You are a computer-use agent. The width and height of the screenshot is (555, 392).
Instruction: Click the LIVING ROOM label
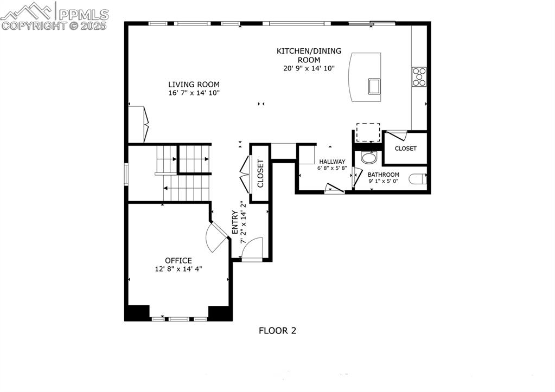[x=194, y=84]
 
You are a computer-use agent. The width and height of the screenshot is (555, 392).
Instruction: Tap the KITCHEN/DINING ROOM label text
[x=309, y=55]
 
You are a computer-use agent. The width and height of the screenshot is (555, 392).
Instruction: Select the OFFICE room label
[x=178, y=260]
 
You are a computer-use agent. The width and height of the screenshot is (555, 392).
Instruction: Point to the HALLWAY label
[x=332, y=162]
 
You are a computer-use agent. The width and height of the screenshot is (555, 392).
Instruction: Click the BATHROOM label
[x=384, y=175]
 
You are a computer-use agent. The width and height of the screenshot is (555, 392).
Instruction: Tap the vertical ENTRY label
[x=235, y=222]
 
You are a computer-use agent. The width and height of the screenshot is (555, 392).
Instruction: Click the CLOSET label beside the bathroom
[x=405, y=149]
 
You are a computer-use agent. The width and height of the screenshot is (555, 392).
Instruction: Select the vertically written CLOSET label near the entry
[x=260, y=173]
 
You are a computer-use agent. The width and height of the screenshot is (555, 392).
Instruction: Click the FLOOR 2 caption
[x=277, y=330]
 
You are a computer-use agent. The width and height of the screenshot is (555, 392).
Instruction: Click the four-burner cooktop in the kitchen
[x=419, y=76]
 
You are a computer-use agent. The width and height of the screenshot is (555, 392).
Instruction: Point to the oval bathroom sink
[x=369, y=158]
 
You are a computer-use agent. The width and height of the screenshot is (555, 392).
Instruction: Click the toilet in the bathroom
[x=417, y=179]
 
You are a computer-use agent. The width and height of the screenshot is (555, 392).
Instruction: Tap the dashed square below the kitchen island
[x=368, y=132]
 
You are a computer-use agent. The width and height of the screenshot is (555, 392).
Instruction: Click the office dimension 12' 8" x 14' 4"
[x=178, y=269]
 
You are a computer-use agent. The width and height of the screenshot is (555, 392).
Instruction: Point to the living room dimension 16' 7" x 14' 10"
[x=194, y=93]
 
